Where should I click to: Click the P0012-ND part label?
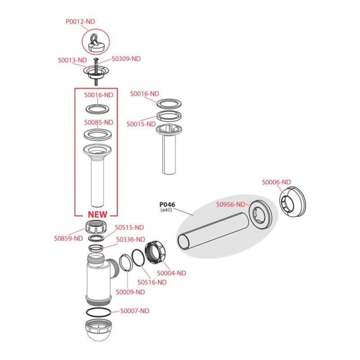tap(80, 21)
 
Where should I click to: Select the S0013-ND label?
tap(72, 59)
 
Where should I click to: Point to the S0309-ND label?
tap(126, 58)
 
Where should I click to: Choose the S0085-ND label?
tap(99, 122)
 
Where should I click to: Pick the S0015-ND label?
tap(141, 124)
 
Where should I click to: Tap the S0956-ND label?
tap(231, 204)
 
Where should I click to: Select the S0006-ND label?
tap(276, 182)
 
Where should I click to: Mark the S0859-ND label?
tap(68, 238)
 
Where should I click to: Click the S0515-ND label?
tap(130, 227)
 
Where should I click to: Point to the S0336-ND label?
tap(130, 239)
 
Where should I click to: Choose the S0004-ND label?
tap(171, 273)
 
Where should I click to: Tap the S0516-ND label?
tap(152, 282)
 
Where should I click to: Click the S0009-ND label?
tap(130, 292)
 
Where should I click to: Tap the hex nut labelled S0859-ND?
tap(96, 226)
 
